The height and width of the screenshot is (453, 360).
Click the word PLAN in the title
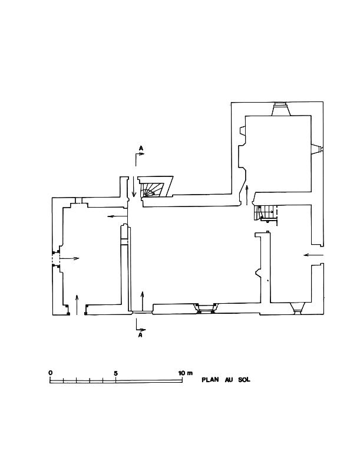coord(210,380)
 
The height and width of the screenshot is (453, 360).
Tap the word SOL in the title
coord(244,380)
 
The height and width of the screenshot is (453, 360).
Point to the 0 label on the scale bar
coord(51,373)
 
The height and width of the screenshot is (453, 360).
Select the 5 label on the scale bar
coord(115,373)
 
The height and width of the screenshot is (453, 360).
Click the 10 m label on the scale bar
coord(186,373)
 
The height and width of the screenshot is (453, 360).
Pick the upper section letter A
coord(141,148)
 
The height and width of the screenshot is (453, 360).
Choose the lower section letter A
coord(140,335)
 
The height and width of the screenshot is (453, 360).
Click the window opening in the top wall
coord(280,109)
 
